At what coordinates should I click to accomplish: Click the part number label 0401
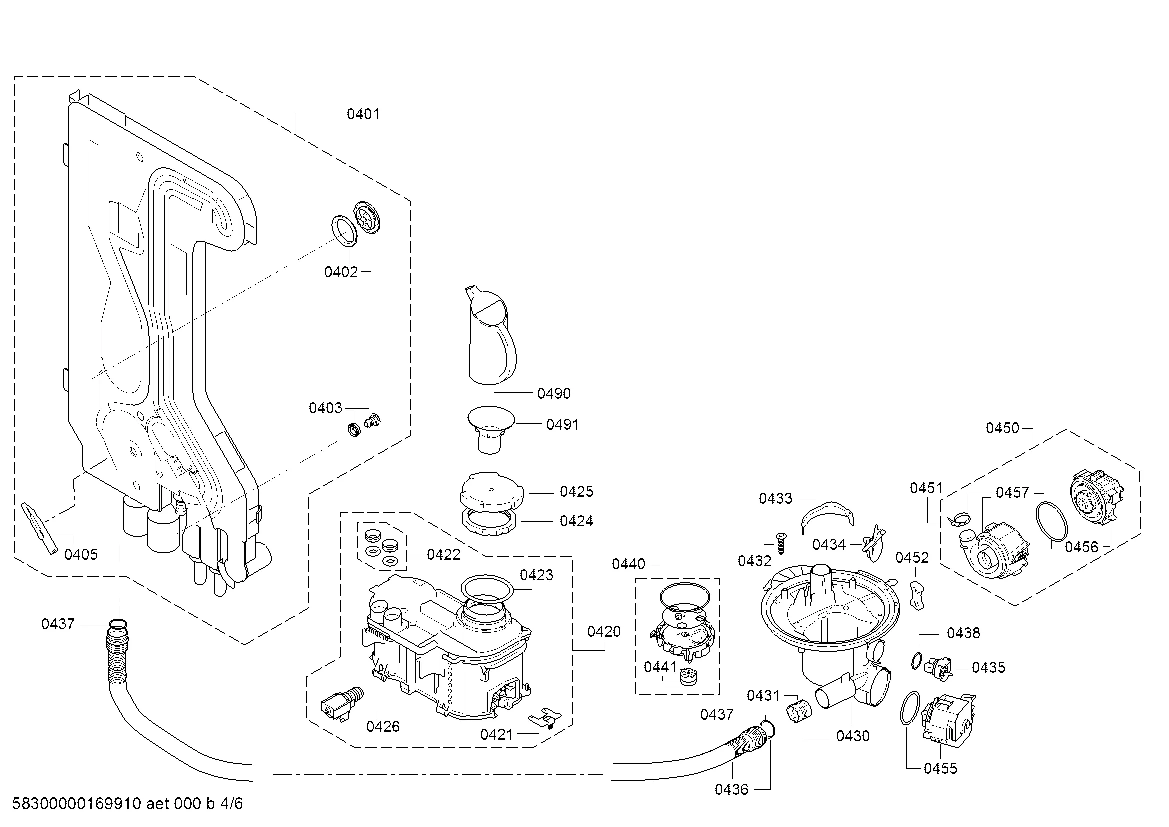(x=363, y=114)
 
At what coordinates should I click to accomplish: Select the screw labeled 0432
(x=781, y=544)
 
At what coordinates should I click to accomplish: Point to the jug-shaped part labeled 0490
(x=490, y=336)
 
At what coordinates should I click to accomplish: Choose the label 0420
(x=604, y=631)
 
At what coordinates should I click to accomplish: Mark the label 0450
(x=1003, y=428)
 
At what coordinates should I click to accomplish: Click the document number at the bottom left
(x=127, y=803)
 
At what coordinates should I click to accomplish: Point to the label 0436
(x=732, y=789)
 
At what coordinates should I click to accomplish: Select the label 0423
(x=537, y=575)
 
